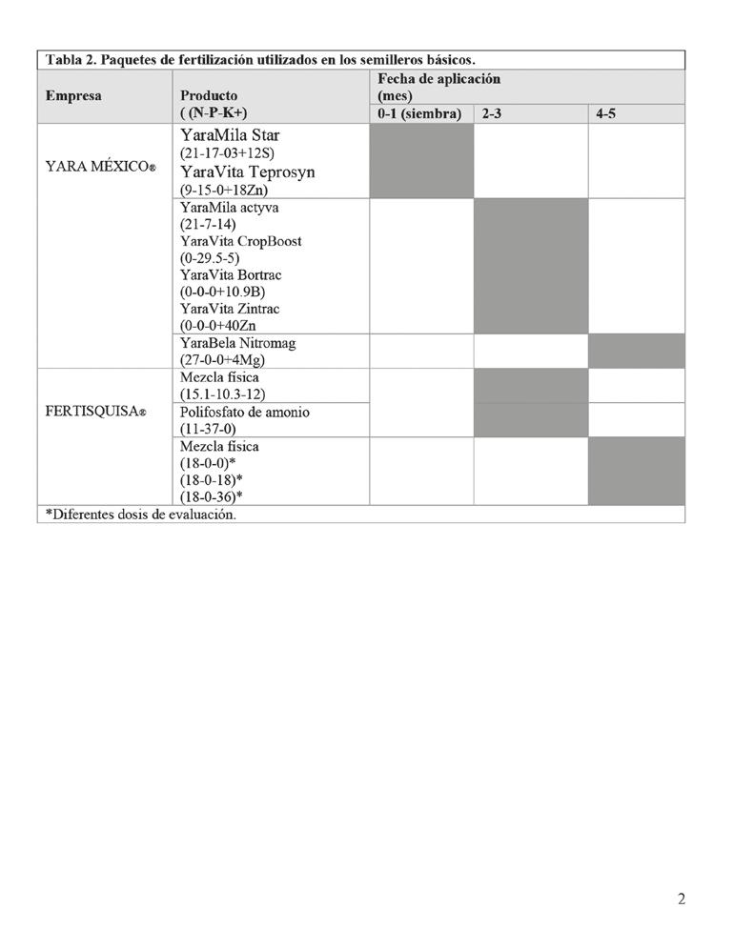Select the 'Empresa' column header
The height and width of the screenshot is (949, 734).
point(73,96)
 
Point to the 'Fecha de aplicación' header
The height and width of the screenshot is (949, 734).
point(438,79)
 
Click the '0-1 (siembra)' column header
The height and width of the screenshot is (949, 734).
point(419,114)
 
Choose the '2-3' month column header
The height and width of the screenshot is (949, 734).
point(491,114)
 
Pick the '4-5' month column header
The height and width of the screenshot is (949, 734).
point(606,114)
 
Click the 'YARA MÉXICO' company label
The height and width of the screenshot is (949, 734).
point(100,167)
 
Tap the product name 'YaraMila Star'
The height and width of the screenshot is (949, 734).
point(230,135)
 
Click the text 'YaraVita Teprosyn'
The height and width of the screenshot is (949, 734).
point(247,172)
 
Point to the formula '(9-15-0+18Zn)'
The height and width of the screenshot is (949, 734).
point(224,189)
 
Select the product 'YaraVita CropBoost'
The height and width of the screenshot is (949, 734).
point(240,241)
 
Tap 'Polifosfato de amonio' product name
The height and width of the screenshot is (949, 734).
point(244,413)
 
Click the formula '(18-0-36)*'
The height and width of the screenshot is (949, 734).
point(213,496)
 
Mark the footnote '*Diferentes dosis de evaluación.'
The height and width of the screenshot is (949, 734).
point(141,515)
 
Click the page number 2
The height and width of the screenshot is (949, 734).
point(681,899)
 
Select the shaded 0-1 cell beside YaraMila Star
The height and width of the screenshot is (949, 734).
point(421,161)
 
